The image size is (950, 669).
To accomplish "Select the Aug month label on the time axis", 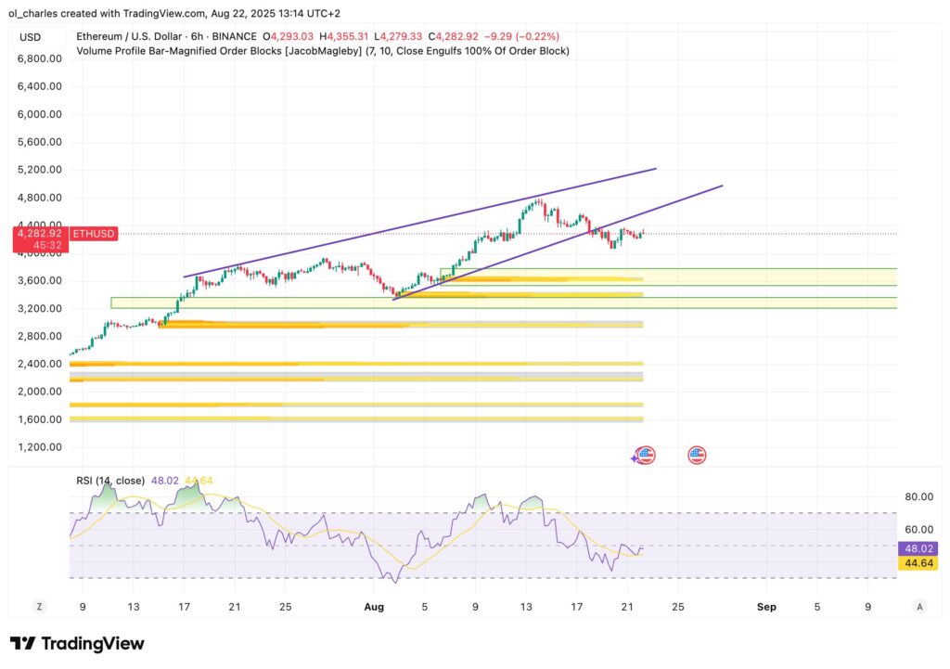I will pyautogui.click(x=374, y=607).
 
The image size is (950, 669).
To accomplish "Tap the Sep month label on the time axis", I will pyautogui.click(x=766, y=607).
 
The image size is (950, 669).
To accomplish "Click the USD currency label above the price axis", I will pyautogui.click(x=30, y=37).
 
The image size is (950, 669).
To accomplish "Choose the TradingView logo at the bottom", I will pyautogui.click(x=77, y=643).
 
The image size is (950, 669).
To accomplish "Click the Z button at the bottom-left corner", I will pyautogui.click(x=39, y=606).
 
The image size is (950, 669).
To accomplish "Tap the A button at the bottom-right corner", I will pyautogui.click(x=919, y=606).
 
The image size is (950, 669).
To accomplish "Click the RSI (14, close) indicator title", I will pyautogui.click(x=110, y=481).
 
